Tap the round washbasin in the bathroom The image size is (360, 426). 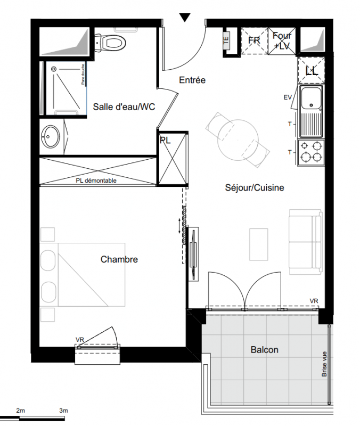pyautogui.click(x=51, y=136)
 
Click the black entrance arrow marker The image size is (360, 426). pyautogui.click(x=185, y=18)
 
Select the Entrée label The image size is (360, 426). pyautogui.click(x=192, y=80)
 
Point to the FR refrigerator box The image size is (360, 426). pyautogui.click(x=255, y=41)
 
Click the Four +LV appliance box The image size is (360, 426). pyautogui.click(x=282, y=41)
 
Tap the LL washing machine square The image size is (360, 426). pyautogui.click(x=312, y=70)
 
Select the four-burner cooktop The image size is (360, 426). pyautogui.click(x=311, y=152)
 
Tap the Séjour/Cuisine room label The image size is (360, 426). pyautogui.click(x=255, y=188)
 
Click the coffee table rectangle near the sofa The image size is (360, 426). pyautogui.click(x=259, y=244)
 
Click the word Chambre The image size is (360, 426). pyautogui.click(x=119, y=259)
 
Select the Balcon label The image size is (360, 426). pyautogui.click(x=264, y=350)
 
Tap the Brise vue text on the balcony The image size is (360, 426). pyautogui.click(x=324, y=364)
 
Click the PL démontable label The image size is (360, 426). pyautogui.click(x=96, y=181)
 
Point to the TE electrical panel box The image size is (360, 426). pyautogui.click(x=226, y=40)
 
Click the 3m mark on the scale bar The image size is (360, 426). pyautogui.click(x=63, y=411)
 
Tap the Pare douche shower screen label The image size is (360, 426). pyautogui.click(x=83, y=74)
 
